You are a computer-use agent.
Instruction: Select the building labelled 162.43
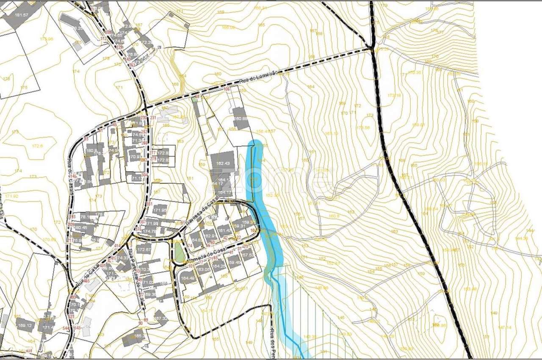[223, 163]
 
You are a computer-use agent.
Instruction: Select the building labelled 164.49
[188, 278]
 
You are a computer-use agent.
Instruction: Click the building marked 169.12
[24, 325]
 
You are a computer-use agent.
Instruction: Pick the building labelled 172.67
[144, 250]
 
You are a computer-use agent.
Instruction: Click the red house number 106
[227, 89]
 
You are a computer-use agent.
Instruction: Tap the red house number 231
[153, 118]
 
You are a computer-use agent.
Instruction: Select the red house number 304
[144, 175]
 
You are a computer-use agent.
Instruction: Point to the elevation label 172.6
[37, 146]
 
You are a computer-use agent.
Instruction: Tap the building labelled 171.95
[160, 210]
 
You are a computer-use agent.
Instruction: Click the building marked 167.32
[161, 318]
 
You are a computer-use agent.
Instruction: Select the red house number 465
[86, 281]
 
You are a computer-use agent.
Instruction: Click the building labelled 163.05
[203, 269]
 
